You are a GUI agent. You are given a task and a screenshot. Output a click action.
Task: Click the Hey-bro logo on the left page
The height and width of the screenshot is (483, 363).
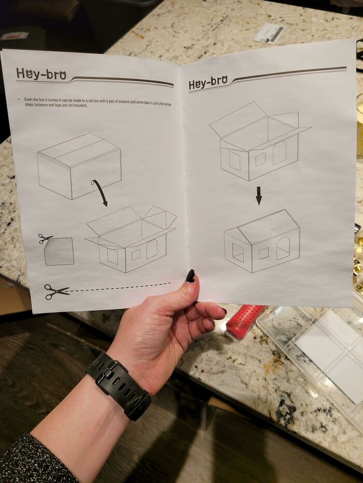41,74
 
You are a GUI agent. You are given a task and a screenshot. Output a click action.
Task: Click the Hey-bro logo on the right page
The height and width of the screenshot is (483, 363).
208,83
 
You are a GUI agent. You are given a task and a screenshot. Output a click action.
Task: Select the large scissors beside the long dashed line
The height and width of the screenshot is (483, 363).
55,291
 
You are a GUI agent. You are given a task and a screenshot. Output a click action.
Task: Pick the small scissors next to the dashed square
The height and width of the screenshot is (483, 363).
45,238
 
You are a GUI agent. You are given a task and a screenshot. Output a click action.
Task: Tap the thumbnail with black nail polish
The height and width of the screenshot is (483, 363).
190,276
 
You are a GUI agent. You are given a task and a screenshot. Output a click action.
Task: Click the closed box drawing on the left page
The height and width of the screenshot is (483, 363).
79,166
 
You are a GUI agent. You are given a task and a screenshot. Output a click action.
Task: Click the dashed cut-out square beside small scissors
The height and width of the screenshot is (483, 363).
59,252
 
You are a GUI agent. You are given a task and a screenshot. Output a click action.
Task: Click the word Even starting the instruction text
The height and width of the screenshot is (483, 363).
28,99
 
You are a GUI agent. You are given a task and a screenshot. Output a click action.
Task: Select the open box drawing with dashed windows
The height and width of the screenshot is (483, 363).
131,238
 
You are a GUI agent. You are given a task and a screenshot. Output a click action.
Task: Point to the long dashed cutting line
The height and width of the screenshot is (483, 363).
119,286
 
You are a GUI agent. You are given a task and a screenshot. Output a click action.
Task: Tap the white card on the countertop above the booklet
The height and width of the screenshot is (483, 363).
270,33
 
